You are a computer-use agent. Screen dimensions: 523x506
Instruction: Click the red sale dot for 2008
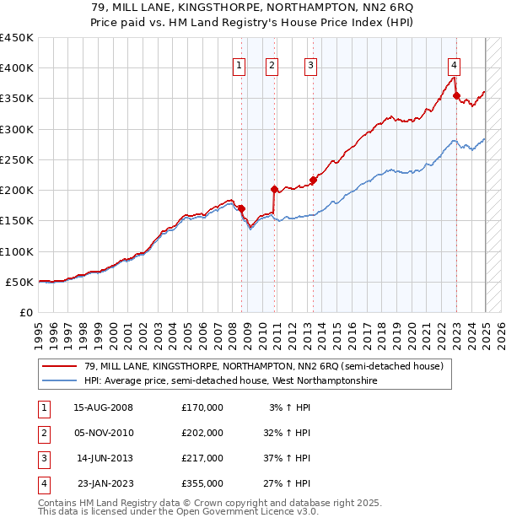click(x=241, y=208)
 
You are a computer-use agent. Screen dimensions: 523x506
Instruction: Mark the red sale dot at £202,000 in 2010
click(x=274, y=189)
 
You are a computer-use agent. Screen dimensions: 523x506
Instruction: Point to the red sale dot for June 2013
click(x=313, y=180)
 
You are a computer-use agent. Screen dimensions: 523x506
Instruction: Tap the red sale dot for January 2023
click(x=456, y=96)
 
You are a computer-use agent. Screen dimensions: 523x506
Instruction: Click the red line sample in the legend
click(x=59, y=366)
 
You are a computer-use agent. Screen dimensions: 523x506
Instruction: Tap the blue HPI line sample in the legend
click(x=59, y=381)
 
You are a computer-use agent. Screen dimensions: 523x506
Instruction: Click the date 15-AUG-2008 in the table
click(x=103, y=408)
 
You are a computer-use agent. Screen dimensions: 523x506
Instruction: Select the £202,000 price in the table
click(x=202, y=434)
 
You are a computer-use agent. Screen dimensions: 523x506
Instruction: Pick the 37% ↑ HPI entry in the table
click(x=288, y=459)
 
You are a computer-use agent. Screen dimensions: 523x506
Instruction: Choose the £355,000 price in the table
click(x=202, y=484)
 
